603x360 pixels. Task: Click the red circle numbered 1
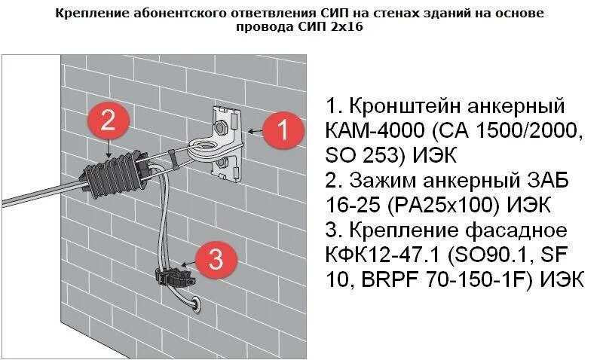pos(281,132)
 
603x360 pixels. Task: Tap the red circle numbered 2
pos(109,121)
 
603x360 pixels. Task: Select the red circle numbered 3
pos(215,260)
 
